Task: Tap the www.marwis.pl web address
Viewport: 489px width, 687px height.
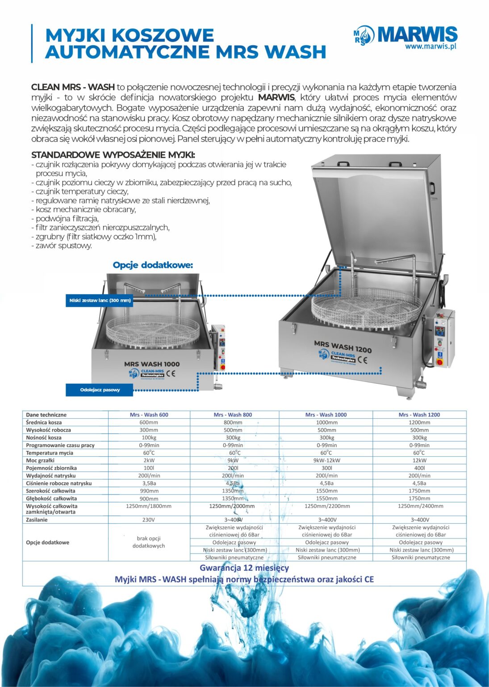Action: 430,46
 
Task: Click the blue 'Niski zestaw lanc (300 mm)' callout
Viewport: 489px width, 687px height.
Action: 100,301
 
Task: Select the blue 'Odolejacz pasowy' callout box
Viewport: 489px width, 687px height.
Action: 100,390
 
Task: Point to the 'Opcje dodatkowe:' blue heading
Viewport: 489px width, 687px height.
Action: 153,265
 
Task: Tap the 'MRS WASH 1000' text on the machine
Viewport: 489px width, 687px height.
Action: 152,364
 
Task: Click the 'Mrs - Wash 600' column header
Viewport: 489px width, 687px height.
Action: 149,415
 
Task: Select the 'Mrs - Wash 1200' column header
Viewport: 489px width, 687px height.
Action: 419,415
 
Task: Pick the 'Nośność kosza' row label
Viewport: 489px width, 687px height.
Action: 44,437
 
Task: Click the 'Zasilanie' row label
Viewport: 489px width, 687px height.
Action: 37,520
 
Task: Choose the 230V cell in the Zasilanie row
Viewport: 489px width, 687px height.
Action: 149,520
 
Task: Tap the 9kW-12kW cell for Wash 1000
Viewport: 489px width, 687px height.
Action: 326,460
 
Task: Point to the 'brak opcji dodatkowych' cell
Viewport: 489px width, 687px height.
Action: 149,542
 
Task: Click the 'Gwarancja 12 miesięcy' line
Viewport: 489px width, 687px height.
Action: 244,568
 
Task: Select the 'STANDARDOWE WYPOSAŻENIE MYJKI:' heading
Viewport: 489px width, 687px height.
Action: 113,155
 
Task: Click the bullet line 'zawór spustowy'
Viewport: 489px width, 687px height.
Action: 63,246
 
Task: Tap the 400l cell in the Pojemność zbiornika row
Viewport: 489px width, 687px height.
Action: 419,468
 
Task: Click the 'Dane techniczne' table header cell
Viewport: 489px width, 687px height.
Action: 46,415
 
